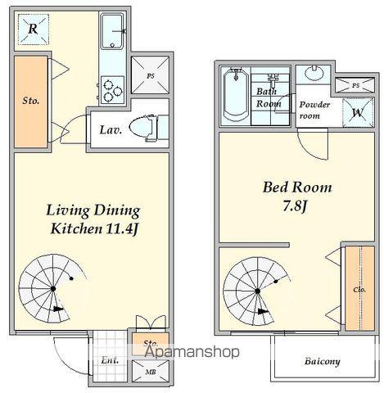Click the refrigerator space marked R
click(x=34, y=29)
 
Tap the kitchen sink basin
click(x=111, y=31)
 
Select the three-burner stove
click(x=112, y=90)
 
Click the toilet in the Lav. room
click(x=142, y=128)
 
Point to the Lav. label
click(x=111, y=130)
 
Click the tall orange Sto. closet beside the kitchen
click(x=31, y=102)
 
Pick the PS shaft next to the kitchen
click(x=150, y=75)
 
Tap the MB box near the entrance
click(x=150, y=371)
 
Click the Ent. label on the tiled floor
click(x=110, y=360)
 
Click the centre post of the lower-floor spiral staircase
click(x=53, y=288)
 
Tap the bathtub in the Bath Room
click(x=236, y=95)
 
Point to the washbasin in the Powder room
click(x=314, y=73)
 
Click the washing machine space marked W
click(x=358, y=112)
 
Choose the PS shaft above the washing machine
click(x=355, y=85)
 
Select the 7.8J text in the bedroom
click(x=295, y=206)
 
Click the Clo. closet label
click(x=359, y=290)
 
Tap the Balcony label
click(x=323, y=361)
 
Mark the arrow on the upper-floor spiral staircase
click(x=263, y=311)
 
